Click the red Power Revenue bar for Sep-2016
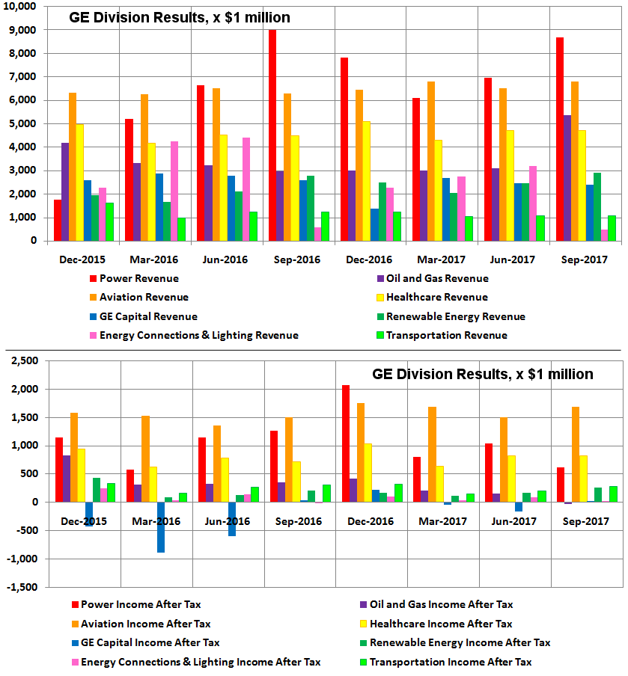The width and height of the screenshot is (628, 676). (272, 135)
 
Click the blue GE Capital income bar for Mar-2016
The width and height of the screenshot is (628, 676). (161, 527)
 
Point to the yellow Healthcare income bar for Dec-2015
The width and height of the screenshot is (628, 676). (80, 475)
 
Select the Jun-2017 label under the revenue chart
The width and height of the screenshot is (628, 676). (516, 259)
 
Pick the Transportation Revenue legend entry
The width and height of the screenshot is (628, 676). (438, 335)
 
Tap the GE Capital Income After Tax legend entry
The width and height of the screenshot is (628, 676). (150, 642)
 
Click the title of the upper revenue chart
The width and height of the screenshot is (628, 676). (180, 17)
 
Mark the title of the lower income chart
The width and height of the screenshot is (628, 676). (483, 374)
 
